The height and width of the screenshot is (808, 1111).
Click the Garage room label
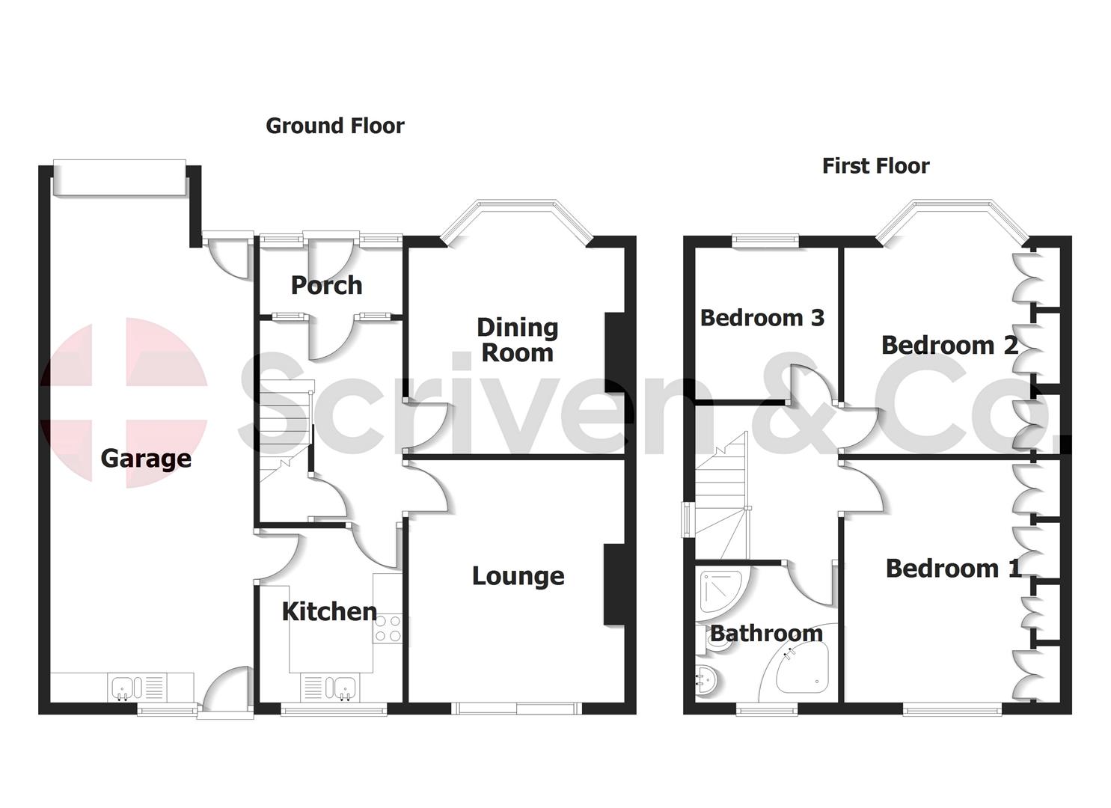pos(146,458)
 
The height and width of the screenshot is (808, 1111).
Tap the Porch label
pos(326,285)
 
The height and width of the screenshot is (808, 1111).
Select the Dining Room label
pos(517,340)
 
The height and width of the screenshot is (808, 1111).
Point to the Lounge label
pos(518,576)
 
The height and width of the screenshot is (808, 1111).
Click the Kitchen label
pos(329,611)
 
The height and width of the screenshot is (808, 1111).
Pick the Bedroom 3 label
pos(762,318)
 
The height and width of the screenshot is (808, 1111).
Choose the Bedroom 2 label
pos(949,346)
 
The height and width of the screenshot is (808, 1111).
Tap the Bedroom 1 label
pos(952,569)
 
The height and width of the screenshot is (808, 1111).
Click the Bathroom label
pos(765,634)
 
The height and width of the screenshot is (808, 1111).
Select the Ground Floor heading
pos(335,126)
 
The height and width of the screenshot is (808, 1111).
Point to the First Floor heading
pos(875,166)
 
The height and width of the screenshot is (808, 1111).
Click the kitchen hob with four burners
pos(388,628)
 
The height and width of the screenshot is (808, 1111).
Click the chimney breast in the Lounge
pos(614,584)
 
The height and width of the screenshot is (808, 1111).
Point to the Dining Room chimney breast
pos(614,352)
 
